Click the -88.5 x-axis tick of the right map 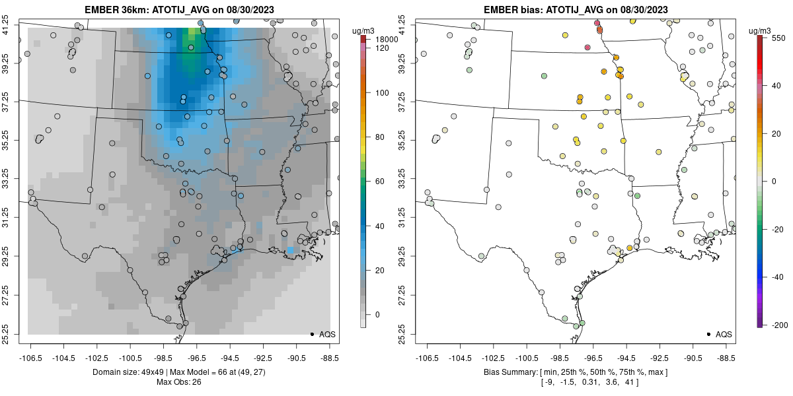click(726, 358)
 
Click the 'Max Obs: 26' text click(178, 381)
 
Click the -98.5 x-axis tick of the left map click(163, 358)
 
